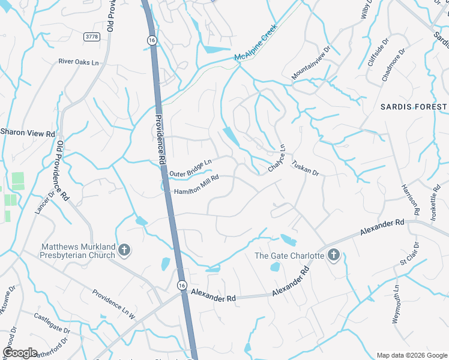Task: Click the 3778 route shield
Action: pos(92,37)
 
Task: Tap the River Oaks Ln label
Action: pos(79,61)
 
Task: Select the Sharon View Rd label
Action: pos(28,132)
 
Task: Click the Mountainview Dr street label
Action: pos(311,64)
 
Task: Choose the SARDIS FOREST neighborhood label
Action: pos(414,107)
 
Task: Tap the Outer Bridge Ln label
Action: pos(191,169)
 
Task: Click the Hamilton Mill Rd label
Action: pos(196,184)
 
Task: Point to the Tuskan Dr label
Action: pos(305,167)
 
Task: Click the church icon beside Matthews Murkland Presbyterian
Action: pos(124,250)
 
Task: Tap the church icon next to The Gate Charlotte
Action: pos(334,256)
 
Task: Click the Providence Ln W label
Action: pos(114,304)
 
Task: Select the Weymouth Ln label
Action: pos(396,304)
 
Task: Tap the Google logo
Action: pos(20,353)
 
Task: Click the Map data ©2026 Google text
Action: pos(411,355)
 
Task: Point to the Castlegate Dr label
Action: pos(52,324)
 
